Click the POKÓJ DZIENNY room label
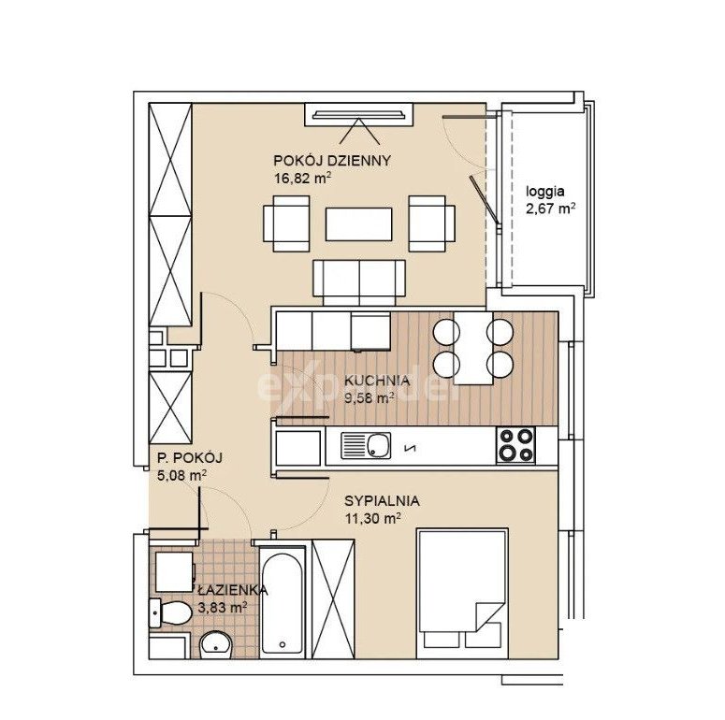[x=332, y=161]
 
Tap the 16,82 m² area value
[x=303, y=178]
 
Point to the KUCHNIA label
[x=377, y=381]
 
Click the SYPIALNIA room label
[x=382, y=501]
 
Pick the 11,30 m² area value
[x=372, y=519]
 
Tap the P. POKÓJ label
[x=190, y=458]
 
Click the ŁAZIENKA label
[x=233, y=590]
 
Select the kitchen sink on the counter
[x=366, y=445]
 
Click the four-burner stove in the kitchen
[x=515, y=445]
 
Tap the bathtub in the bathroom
[x=282, y=602]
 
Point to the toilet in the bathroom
[x=170, y=612]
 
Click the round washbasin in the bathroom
[x=216, y=643]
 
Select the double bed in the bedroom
[x=462, y=594]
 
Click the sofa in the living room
[x=359, y=282]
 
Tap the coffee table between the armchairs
[x=359, y=224]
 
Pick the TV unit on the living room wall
[x=359, y=115]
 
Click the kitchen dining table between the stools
[x=473, y=348]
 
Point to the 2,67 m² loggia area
[x=551, y=209]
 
